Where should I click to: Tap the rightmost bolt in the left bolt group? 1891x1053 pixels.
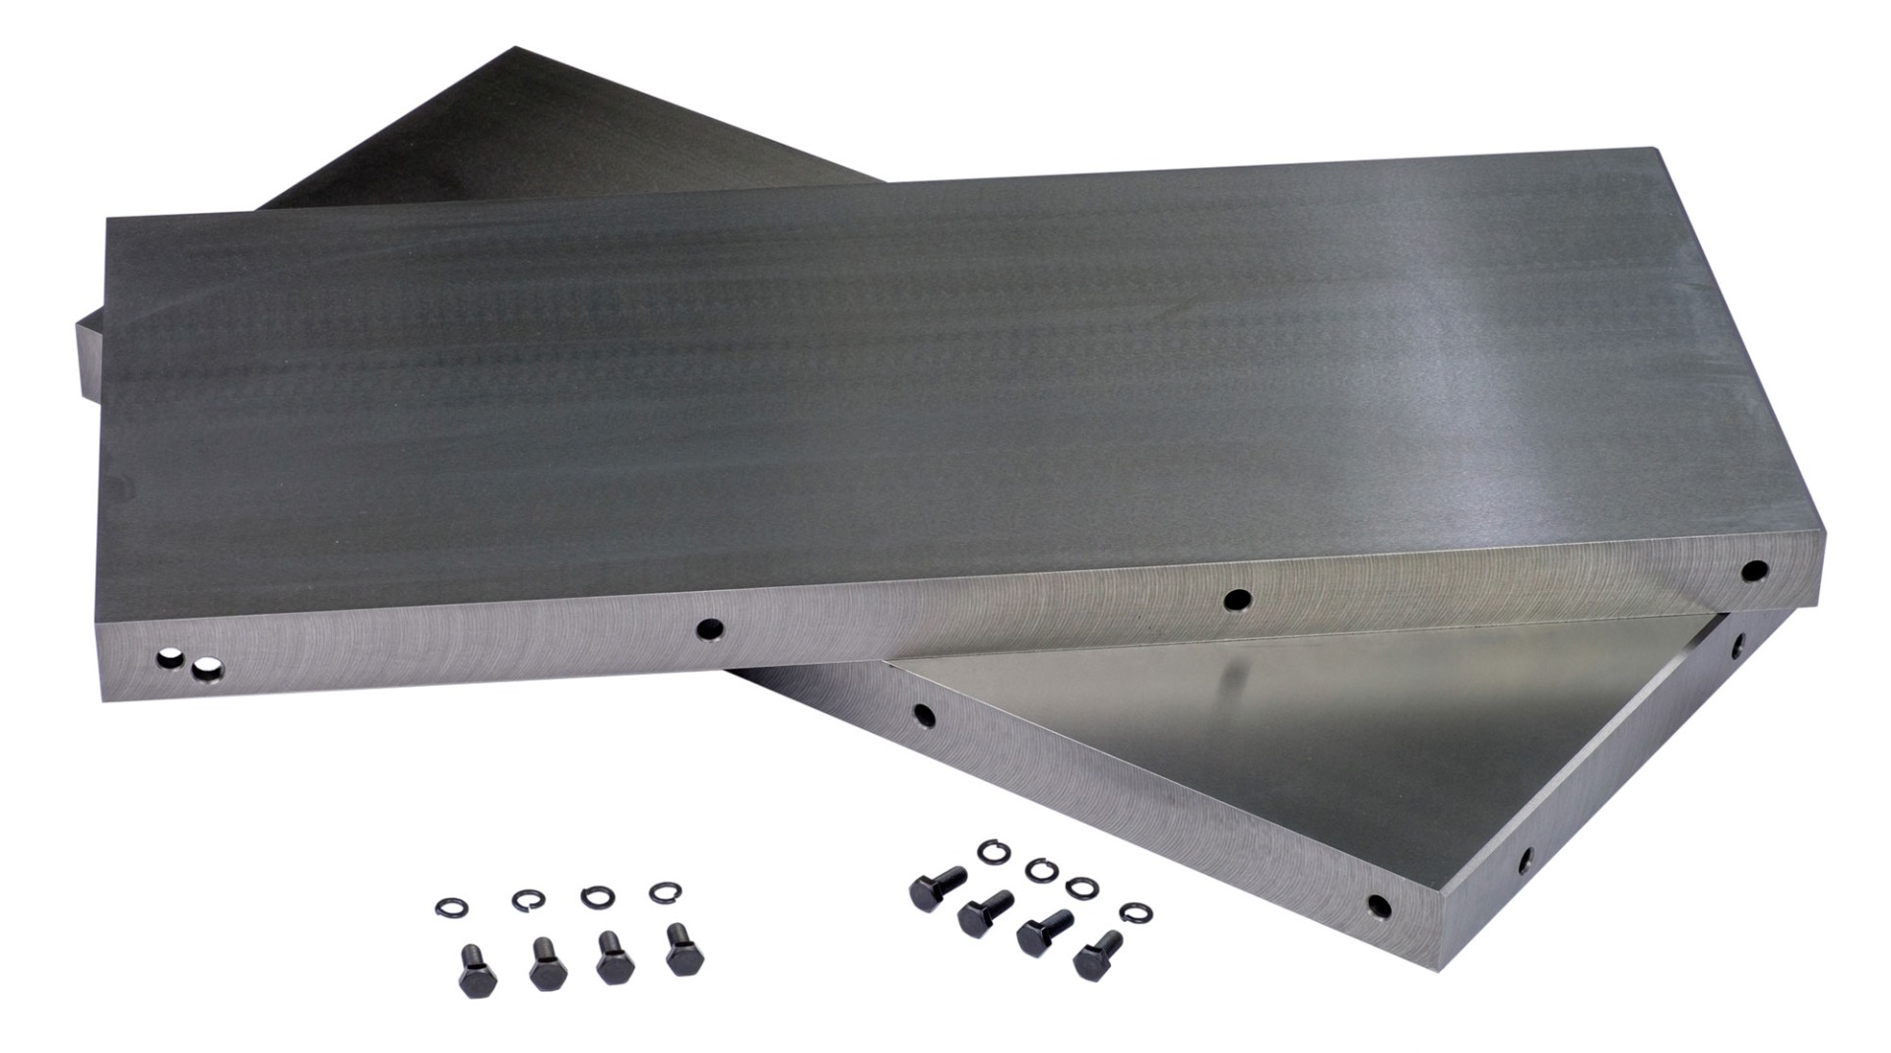click(x=681, y=949)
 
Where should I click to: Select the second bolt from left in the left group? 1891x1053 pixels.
click(x=546, y=963)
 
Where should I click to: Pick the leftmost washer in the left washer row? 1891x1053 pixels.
click(x=451, y=905)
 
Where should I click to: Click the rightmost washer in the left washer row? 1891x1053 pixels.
click(x=666, y=892)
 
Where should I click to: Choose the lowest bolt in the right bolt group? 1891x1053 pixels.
click(x=1097, y=954)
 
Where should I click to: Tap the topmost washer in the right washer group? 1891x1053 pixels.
click(x=992, y=850)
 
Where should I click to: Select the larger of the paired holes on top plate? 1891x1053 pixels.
click(x=207, y=672)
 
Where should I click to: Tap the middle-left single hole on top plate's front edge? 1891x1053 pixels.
click(x=708, y=628)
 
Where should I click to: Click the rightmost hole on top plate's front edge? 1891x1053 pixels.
click(x=1753, y=570)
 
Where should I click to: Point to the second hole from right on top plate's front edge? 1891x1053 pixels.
click(x=1237, y=598)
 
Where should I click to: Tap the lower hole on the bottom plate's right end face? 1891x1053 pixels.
click(x=1525, y=859)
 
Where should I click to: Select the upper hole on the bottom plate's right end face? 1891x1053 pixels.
click(x=1737, y=646)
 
